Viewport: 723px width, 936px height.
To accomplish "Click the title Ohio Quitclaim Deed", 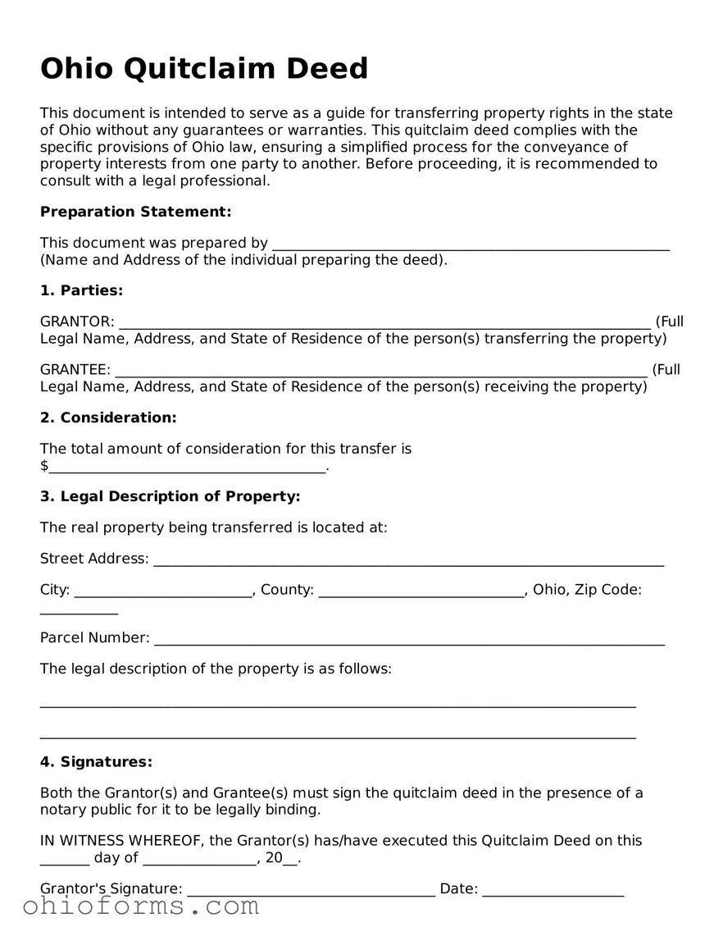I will click(204, 68).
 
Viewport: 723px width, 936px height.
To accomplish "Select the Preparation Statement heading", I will click(136, 212).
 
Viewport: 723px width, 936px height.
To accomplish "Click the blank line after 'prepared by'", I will click(471, 244).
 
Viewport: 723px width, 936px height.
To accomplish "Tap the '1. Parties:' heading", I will click(81, 290).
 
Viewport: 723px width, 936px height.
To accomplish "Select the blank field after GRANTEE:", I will click(381, 371).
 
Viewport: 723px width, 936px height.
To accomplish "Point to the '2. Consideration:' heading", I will click(108, 418).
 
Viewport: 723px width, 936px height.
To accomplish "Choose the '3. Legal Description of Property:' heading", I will click(171, 496).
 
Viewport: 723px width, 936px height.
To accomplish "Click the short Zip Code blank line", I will click(79, 612).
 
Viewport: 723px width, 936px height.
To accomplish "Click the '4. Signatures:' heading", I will click(96, 762).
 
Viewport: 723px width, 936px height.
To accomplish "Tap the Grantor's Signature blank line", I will click(311, 891).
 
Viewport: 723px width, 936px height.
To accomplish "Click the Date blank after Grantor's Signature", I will click(553, 891).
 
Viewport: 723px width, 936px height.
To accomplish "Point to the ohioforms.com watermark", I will click(141, 906).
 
